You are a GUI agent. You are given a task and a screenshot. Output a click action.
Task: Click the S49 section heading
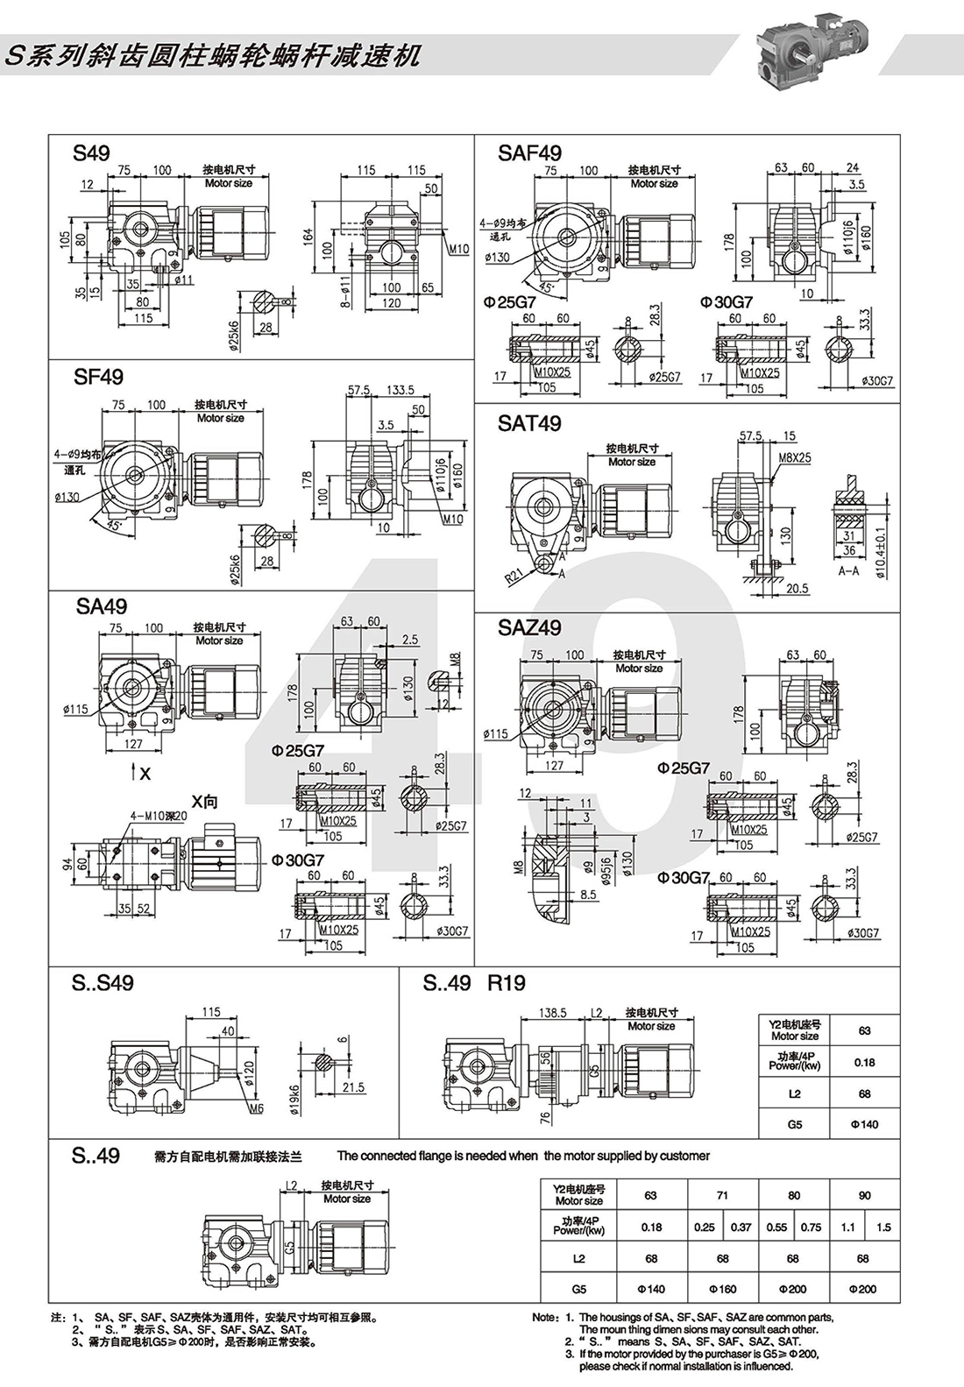tap(91, 153)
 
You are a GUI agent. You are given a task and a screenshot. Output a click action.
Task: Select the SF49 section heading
tap(98, 377)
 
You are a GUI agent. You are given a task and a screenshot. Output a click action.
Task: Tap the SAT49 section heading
tap(529, 423)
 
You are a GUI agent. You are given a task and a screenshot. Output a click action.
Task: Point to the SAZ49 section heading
tap(529, 627)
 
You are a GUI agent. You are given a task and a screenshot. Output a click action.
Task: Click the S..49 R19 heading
tap(474, 983)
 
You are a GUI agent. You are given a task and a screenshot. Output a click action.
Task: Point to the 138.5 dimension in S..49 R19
tap(552, 1012)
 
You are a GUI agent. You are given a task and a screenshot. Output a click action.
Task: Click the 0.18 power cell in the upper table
tap(864, 1062)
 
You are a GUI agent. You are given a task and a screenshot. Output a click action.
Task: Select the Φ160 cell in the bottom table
tap(723, 1289)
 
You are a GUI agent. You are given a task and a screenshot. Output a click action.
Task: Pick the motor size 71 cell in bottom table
tap(723, 1195)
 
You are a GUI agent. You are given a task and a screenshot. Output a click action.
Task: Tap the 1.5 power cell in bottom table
tap(883, 1227)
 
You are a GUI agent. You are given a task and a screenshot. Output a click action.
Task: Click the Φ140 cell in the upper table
tap(864, 1124)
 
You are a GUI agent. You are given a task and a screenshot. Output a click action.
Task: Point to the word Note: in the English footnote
tap(544, 1317)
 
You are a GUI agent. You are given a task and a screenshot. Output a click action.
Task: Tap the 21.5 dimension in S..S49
tap(353, 1087)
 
